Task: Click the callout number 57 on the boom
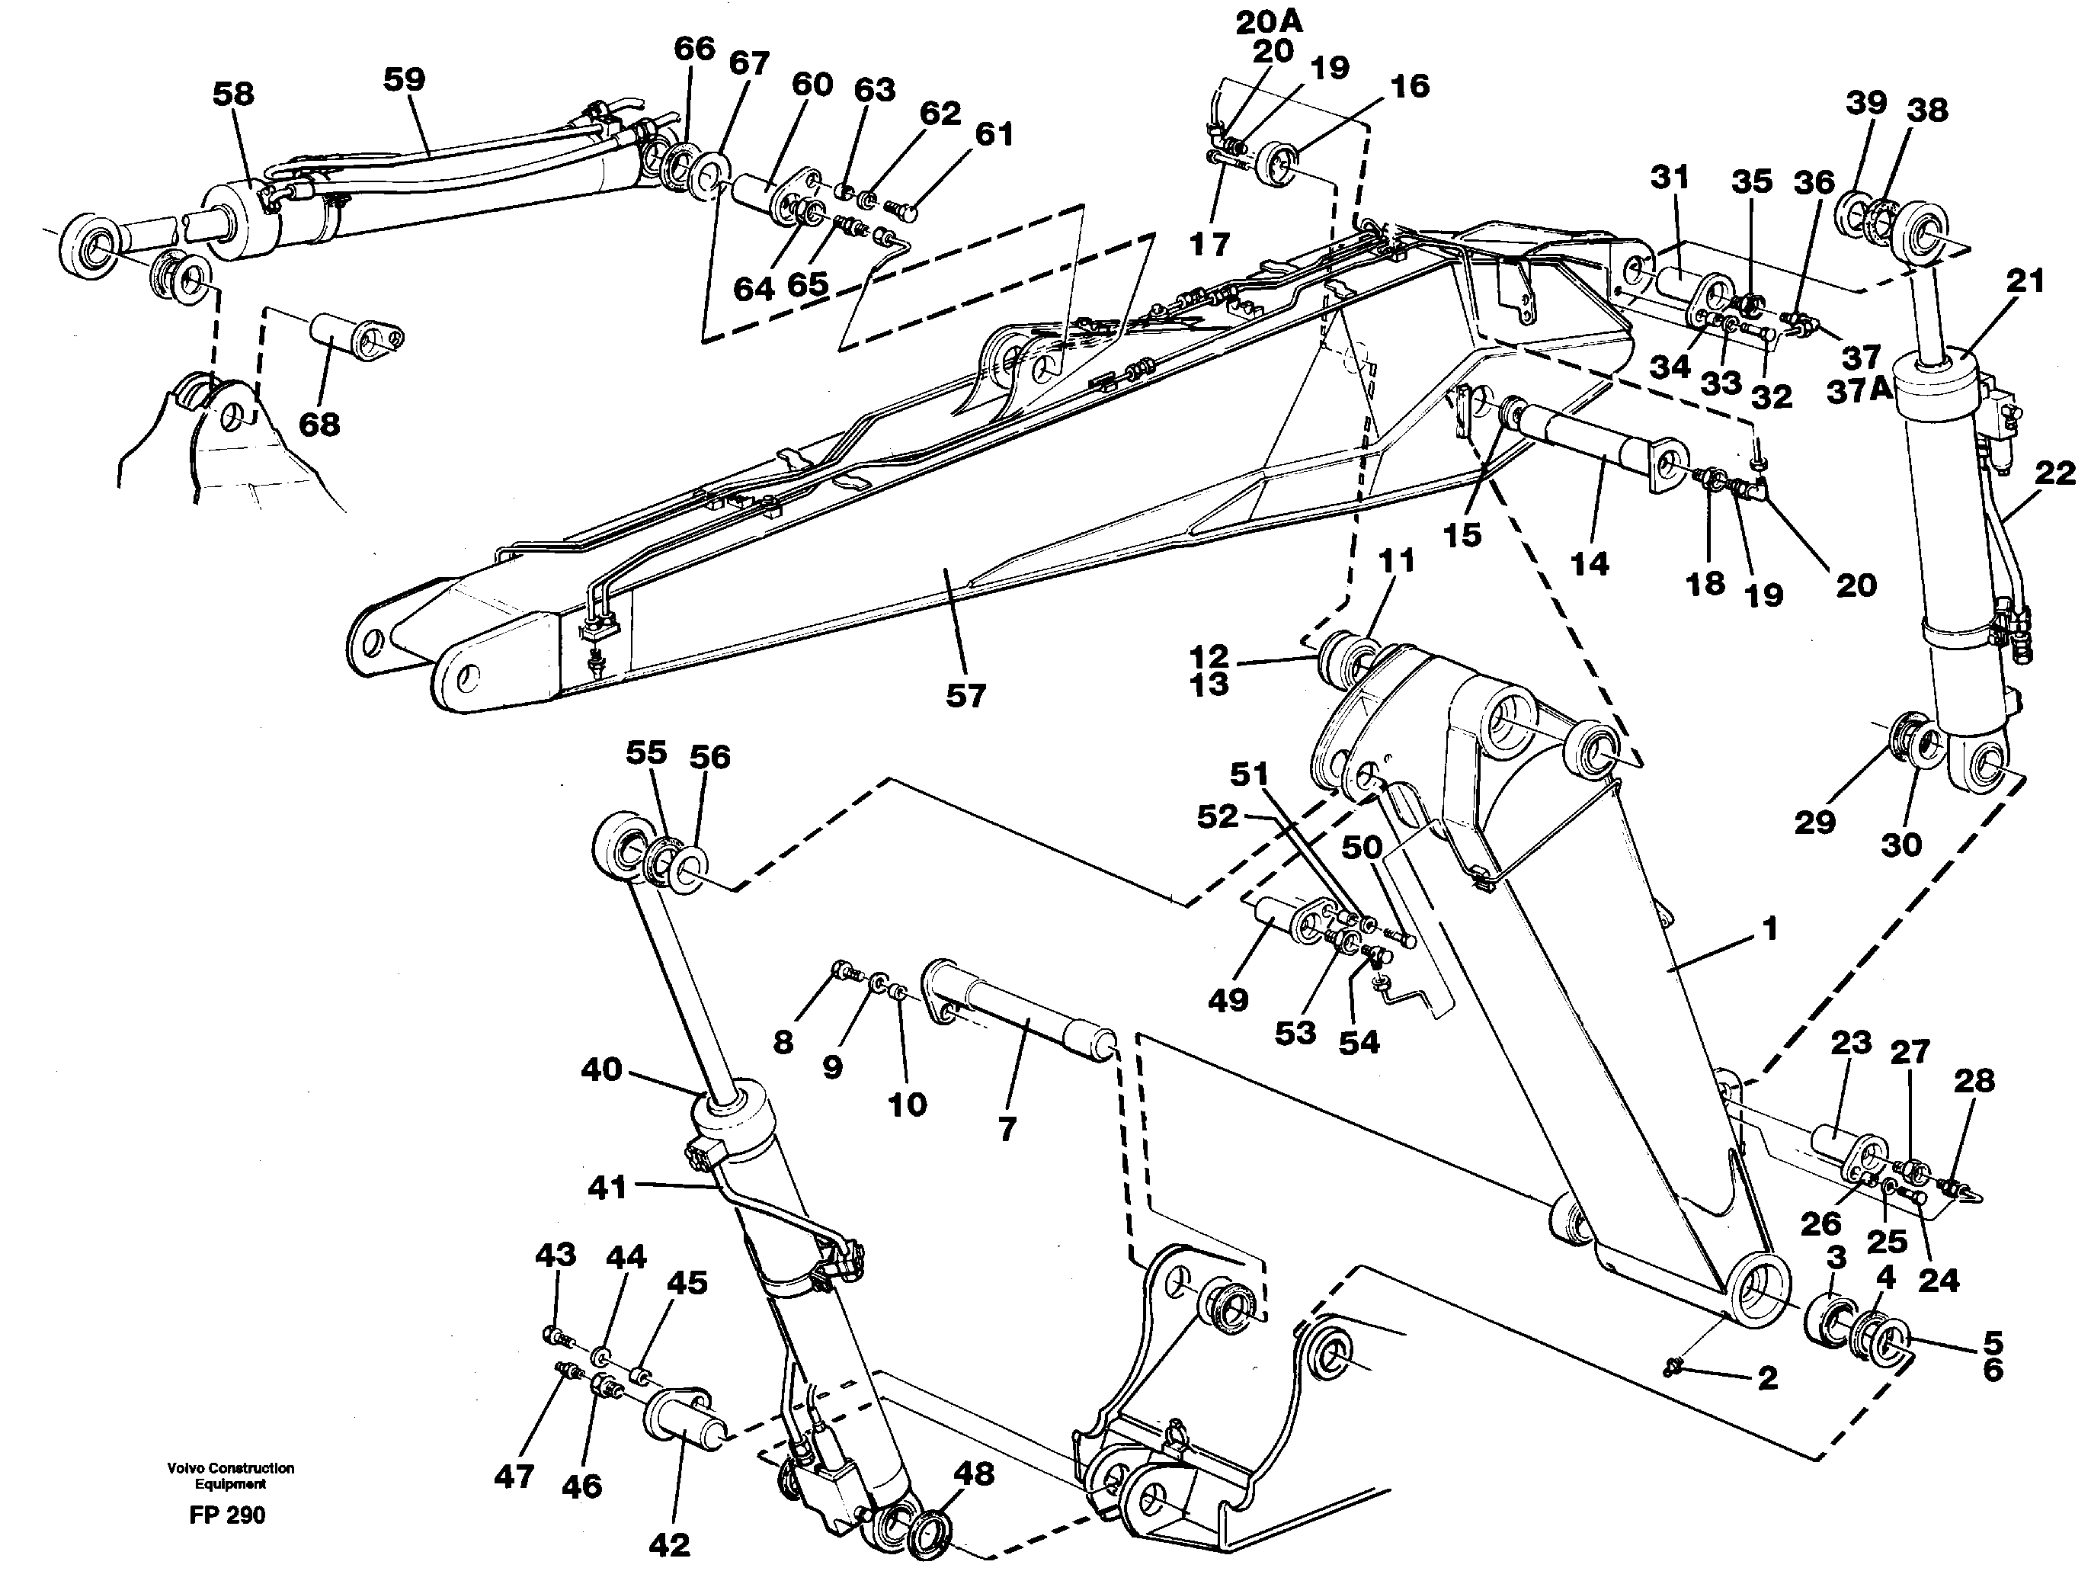tap(965, 697)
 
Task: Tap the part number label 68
tap(319, 425)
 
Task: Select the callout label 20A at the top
tap(1269, 22)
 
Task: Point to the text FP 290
tap(227, 1515)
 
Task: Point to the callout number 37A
tap(1859, 390)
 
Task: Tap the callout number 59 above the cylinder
tap(404, 79)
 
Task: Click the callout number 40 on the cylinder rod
tap(602, 1069)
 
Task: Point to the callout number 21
tap(2025, 281)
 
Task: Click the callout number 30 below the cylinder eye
tap(1901, 844)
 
